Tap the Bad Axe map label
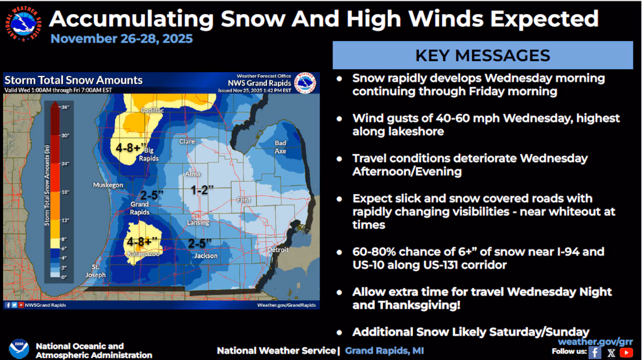click(280, 147)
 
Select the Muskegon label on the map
click(108, 185)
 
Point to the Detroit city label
click(278, 250)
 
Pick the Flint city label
click(244, 200)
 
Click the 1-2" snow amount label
click(202, 190)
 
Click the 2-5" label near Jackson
click(200, 243)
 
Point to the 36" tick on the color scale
click(65, 107)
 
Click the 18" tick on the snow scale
click(65, 192)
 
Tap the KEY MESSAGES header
click(483, 55)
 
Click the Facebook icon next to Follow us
click(595, 352)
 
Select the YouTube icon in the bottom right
click(626, 352)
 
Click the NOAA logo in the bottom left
click(19, 349)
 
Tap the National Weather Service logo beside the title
click(24, 25)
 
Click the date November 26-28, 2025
click(121, 39)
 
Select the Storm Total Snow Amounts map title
click(73, 80)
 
